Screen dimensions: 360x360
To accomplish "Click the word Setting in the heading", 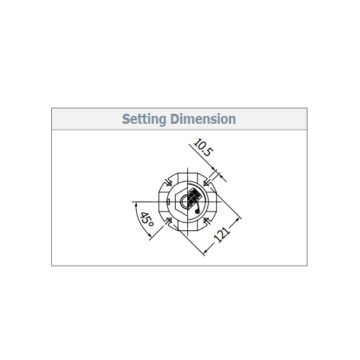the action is click(144, 119).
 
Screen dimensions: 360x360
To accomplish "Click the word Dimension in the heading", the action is click(203, 119).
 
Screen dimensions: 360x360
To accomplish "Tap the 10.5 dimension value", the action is click(203, 148).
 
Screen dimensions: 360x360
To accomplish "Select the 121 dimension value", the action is click(222, 234).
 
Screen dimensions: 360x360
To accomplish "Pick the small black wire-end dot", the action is click(197, 212).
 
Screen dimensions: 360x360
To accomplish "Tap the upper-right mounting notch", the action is click(206, 184).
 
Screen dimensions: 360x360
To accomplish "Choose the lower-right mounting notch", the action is click(206, 220).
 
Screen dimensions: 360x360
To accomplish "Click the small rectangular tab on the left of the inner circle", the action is click(168, 202).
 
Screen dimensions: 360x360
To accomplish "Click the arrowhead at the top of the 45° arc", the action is click(136, 204).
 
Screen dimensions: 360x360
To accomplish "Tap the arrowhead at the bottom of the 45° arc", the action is click(150, 235).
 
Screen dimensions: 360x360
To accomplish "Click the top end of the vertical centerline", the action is click(187, 168).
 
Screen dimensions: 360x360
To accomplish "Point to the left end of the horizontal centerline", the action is click(132, 202).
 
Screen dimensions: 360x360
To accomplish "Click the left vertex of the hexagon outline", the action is click(175, 202).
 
